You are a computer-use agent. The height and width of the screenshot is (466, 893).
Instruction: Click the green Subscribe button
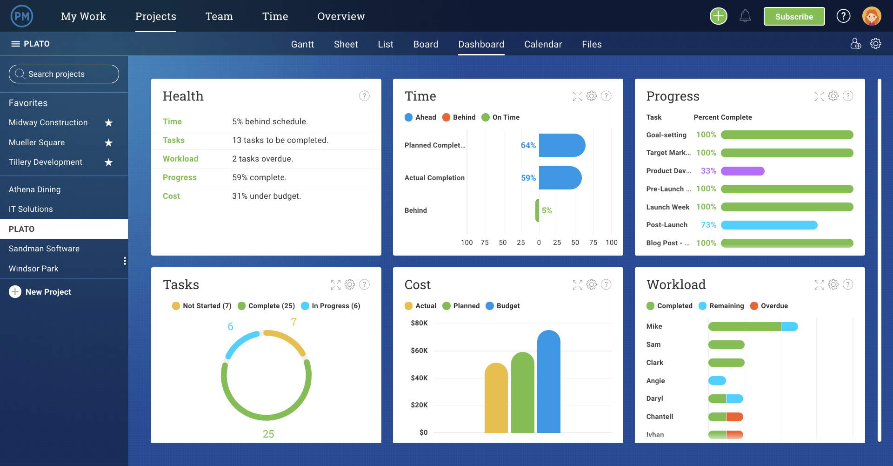[x=794, y=16]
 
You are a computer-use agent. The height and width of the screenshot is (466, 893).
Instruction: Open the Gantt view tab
[x=302, y=44]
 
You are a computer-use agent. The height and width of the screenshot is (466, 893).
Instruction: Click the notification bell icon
[x=745, y=16]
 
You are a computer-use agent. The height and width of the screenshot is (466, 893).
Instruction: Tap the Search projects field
[x=64, y=74]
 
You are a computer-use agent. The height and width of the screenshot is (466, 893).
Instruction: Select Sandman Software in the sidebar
[x=44, y=249]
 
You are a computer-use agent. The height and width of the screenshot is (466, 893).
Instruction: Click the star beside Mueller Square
[x=108, y=142]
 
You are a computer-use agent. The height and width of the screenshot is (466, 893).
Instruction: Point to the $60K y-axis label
[x=419, y=351]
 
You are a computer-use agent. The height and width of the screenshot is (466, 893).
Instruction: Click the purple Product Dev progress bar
[x=742, y=171]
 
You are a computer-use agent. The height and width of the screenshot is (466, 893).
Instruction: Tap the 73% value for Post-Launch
[x=708, y=225]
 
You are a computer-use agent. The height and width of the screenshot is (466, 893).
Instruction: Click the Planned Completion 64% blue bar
[x=561, y=145]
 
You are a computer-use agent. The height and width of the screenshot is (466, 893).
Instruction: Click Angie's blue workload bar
[x=717, y=380]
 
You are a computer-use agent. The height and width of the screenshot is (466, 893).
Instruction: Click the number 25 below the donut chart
[x=268, y=434]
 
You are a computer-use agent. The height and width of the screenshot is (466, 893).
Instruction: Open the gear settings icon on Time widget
[x=591, y=96]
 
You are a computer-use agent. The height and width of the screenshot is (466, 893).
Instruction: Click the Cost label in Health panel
[x=171, y=196]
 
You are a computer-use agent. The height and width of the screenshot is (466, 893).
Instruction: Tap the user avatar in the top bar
[x=871, y=16]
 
